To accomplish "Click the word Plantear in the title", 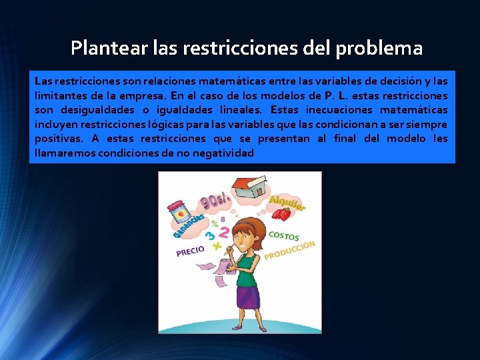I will coord(101,49).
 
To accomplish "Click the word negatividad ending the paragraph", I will coord(224,153).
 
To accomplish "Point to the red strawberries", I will coord(281,215).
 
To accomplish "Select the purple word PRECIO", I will coord(190,251).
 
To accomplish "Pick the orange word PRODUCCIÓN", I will coord(289,251).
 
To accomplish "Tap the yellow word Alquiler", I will coord(287,202).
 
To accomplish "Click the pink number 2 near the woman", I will coord(224,233).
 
